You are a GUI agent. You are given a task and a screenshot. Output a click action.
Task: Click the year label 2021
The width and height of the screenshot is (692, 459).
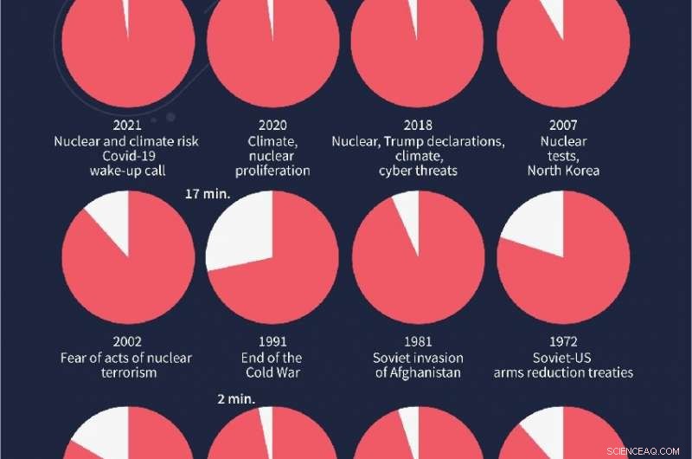(x=127, y=126)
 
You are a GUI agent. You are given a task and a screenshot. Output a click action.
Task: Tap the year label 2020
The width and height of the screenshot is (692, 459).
(x=272, y=126)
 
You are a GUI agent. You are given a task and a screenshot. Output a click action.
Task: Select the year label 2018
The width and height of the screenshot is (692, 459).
(x=418, y=126)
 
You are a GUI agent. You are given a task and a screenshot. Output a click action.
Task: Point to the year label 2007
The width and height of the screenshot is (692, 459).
(x=563, y=126)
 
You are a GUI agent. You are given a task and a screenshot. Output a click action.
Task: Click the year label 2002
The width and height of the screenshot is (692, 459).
(x=127, y=342)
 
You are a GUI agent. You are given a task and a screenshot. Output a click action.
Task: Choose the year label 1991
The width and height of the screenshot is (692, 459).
(x=272, y=342)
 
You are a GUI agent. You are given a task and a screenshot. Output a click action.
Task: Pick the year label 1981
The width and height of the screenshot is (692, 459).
(x=418, y=342)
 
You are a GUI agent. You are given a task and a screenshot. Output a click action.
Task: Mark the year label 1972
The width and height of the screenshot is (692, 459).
(x=563, y=342)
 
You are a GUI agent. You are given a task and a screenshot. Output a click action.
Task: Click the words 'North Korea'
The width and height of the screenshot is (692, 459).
(x=563, y=171)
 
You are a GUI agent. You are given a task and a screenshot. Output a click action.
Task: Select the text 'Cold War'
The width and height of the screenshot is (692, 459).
(x=272, y=372)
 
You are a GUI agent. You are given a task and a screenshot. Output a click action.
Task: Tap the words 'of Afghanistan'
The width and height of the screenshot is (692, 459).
(x=418, y=372)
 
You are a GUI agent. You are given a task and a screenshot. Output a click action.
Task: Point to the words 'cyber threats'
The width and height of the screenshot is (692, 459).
(x=418, y=171)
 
